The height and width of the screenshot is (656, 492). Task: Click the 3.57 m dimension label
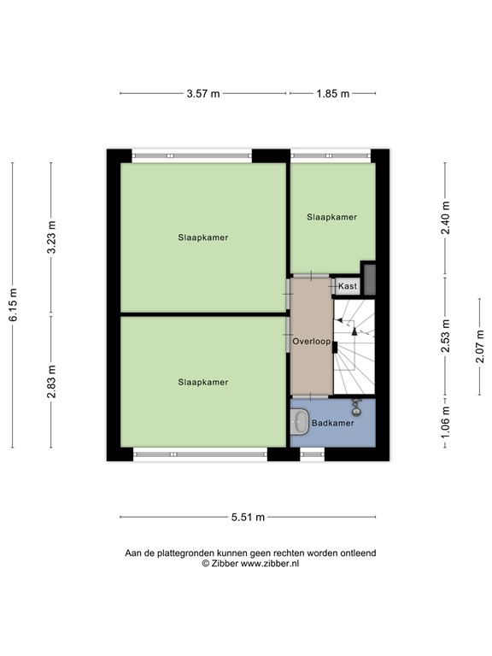coord(202,94)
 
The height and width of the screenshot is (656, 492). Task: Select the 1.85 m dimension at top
coord(332,94)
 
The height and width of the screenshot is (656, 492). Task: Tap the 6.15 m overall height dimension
coord(13,304)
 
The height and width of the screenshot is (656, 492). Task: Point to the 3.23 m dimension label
coord(50,237)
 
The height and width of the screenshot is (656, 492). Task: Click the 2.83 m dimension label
coord(50,381)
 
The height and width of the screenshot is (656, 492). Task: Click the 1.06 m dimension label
coord(445,424)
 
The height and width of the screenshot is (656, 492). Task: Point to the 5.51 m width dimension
coord(248,517)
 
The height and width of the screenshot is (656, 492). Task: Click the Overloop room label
coord(311,342)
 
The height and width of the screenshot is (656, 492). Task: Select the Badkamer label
coord(332,424)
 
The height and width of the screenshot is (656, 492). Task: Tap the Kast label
coord(348,286)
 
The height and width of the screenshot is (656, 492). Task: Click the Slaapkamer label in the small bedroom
coord(331,217)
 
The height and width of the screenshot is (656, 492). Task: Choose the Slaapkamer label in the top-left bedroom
coord(203,237)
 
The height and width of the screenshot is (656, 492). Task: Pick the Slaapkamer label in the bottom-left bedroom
coord(203,382)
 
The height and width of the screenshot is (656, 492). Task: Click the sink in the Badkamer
coord(300,420)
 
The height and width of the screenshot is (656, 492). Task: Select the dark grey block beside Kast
coord(369,278)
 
